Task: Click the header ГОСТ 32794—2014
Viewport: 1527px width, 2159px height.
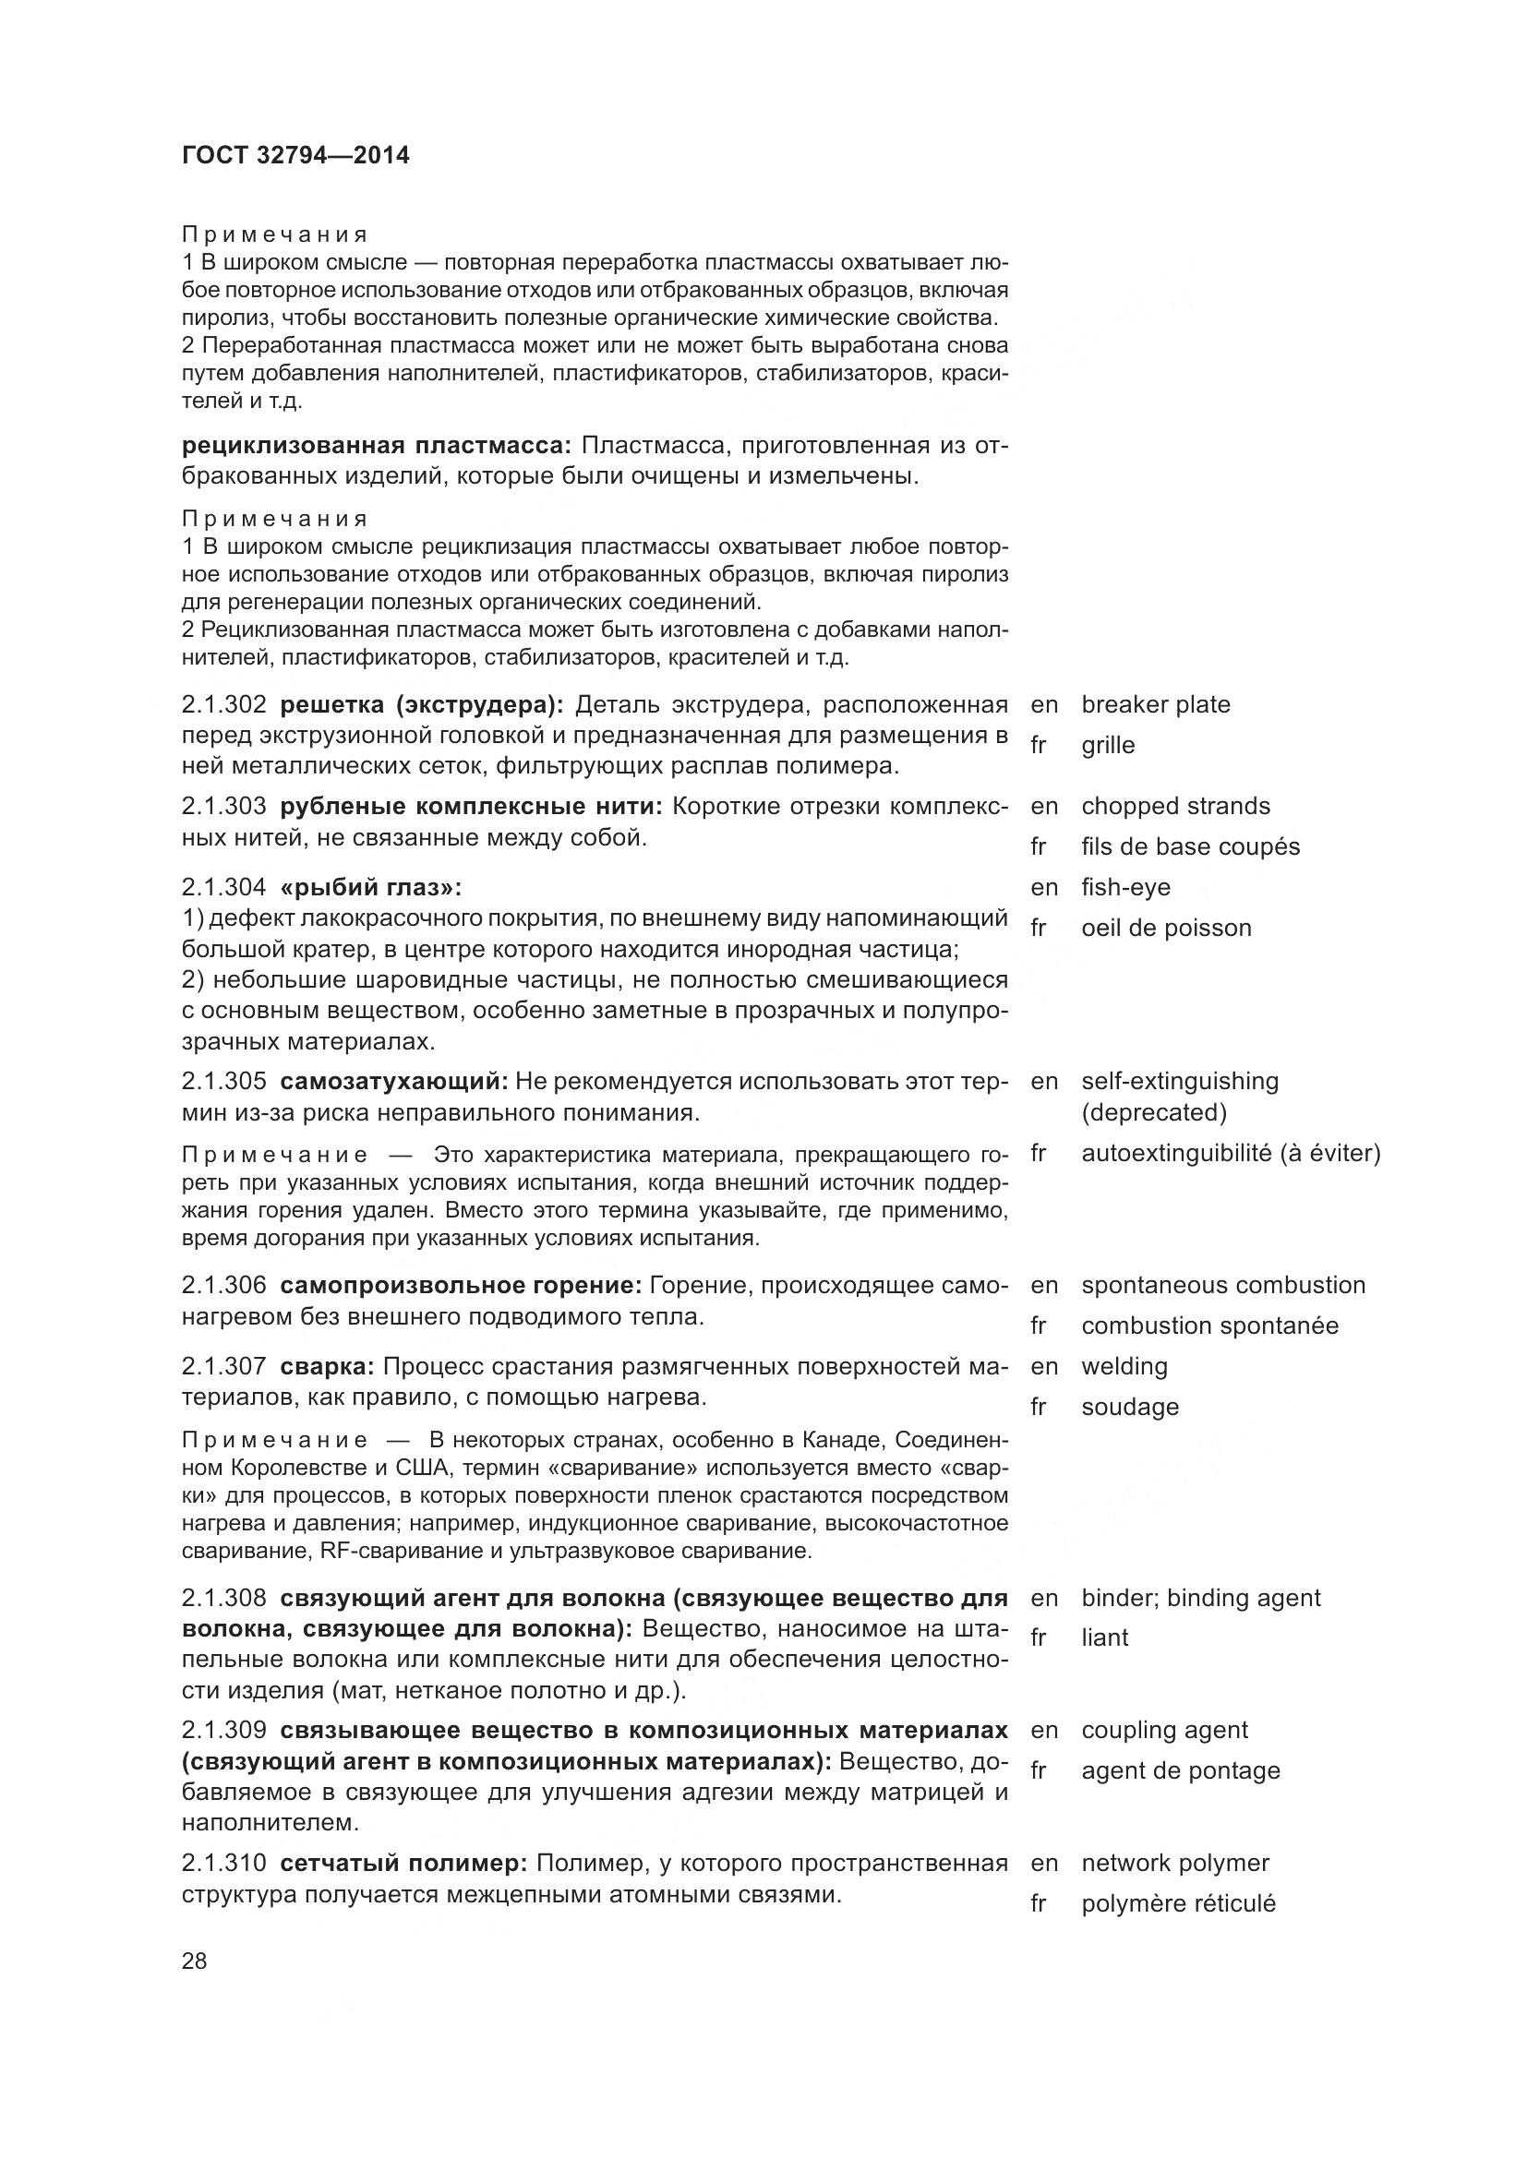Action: (x=295, y=155)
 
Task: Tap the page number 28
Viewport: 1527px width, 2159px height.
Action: (x=195, y=1961)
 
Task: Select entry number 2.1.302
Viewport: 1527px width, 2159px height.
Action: (x=224, y=704)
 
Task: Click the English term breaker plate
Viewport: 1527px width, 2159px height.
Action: (x=1156, y=704)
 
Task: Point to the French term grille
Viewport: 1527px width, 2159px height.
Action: (x=1108, y=745)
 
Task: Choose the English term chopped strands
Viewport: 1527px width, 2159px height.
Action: (x=1175, y=806)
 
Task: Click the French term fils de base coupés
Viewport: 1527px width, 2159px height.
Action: (x=1190, y=846)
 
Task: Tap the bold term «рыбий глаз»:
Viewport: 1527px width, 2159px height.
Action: (x=371, y=887)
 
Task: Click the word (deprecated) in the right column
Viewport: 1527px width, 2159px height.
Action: (x=1154, y=1112)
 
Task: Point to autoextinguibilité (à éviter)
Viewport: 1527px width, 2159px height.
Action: (x=1231, y=1153)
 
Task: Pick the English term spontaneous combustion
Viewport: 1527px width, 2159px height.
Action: (x=1223, y=1286)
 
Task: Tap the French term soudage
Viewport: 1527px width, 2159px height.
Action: (x=1129, y=1407)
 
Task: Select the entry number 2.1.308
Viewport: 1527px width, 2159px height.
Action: (x=224, y=1598)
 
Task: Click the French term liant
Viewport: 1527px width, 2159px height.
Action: (x=1105, y=1637)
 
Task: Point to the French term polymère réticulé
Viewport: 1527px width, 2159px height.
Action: (x=1178, y=1903)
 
